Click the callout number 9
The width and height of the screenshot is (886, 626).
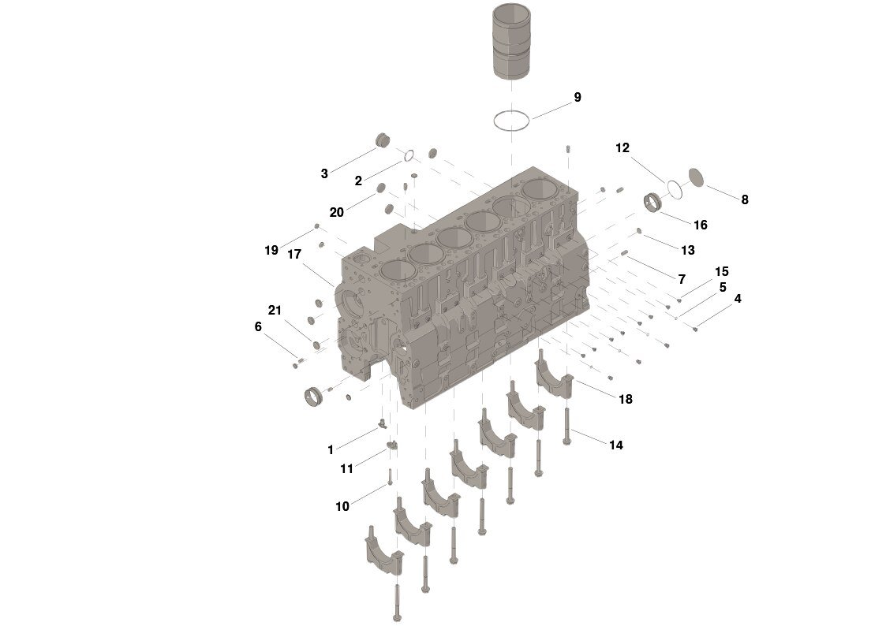tap(577, 97)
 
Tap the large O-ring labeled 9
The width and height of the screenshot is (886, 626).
tap(511, 121)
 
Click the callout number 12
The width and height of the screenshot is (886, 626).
tap(622, 148)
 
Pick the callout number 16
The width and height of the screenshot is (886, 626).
tap(700, 225)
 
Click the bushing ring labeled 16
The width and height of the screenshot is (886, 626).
tap(654, 203)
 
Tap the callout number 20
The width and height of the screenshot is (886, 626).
tap(336, 212)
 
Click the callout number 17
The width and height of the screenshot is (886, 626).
tap(294, 255)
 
